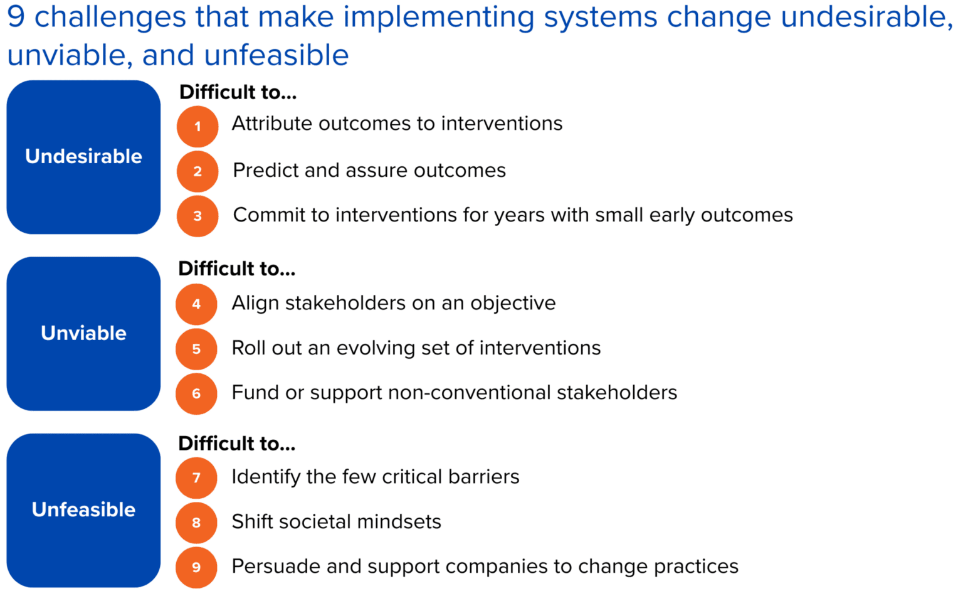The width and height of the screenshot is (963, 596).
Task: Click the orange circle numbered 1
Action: (197, 126)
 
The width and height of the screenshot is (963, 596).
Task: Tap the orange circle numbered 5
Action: (196, 349)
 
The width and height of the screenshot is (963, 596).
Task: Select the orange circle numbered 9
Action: (196, 567)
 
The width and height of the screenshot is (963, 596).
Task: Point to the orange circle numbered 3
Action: (197, 216)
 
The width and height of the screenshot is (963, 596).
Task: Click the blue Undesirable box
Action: (83, 157)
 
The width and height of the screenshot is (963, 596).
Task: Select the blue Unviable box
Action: (83, 333)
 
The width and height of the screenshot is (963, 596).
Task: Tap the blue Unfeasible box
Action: (83, 509)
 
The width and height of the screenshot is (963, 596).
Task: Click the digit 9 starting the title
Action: (16, 17)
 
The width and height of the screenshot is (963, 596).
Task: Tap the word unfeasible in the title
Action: (276, 55)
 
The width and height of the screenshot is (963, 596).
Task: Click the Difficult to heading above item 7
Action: (236, 444)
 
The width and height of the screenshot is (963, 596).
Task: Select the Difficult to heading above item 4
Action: (236, 269)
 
